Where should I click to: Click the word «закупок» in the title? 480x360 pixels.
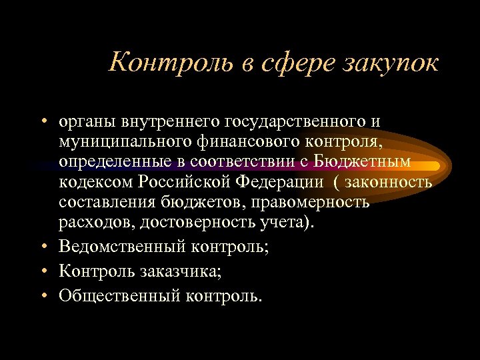[x=391, y=63]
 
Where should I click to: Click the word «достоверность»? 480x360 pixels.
[x=203, y=221]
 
